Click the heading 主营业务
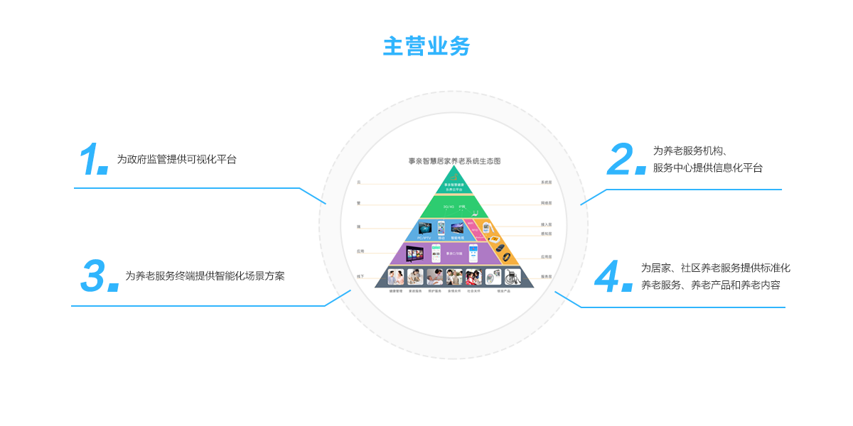426,46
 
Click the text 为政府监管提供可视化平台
176,160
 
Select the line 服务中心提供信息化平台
707,168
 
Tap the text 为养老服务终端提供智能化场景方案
205,276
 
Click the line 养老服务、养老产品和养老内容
710,285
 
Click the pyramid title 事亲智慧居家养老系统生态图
454,162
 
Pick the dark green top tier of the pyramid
454,186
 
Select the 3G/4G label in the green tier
448,207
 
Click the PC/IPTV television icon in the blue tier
424,229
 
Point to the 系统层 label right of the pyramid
546,182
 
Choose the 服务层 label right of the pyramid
546,276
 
